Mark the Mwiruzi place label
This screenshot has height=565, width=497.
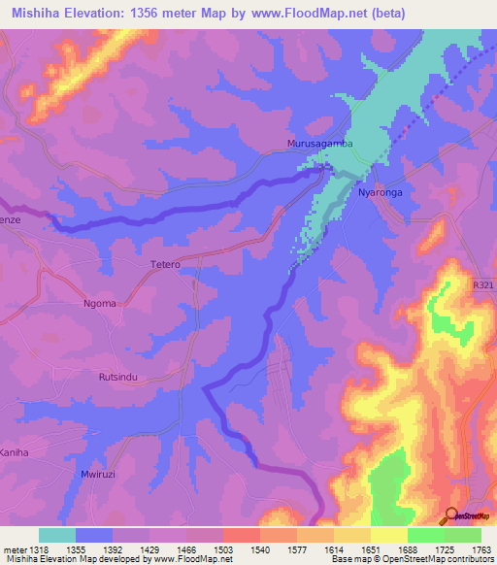tap(98, 475)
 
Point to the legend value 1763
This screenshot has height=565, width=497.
tap(480, 550)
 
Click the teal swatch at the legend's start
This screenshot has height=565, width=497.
tap(57, 535)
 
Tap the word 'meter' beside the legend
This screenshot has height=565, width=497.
tap(14, 550)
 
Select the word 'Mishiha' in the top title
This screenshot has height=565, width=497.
tap(41, 13)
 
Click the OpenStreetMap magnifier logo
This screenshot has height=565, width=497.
tap(450, 515)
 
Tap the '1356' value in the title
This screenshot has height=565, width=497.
tap(166, 13)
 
